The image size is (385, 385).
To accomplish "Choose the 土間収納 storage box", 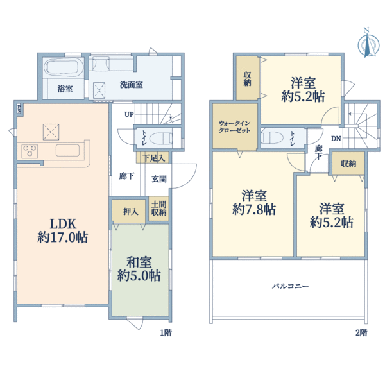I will point(158,207).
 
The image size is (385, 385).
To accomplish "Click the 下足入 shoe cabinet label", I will point(153,157).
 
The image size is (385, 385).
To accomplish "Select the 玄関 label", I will point(159,179).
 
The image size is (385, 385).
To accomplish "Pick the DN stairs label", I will point(336,139).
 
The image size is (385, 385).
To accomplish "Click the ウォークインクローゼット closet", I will point(234,125).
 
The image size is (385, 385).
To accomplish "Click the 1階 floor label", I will point(166,333).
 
